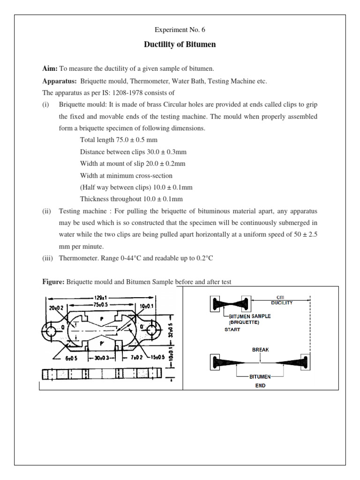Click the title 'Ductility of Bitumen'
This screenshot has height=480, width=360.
coord(180,45)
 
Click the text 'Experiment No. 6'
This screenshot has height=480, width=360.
coord(180,30)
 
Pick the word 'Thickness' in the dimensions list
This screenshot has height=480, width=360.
coord(95,198)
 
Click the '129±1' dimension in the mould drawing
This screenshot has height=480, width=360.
coord(97,298)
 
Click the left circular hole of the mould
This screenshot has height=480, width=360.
coord(51,331)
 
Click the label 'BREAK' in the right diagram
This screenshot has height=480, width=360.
coord(260,350)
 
